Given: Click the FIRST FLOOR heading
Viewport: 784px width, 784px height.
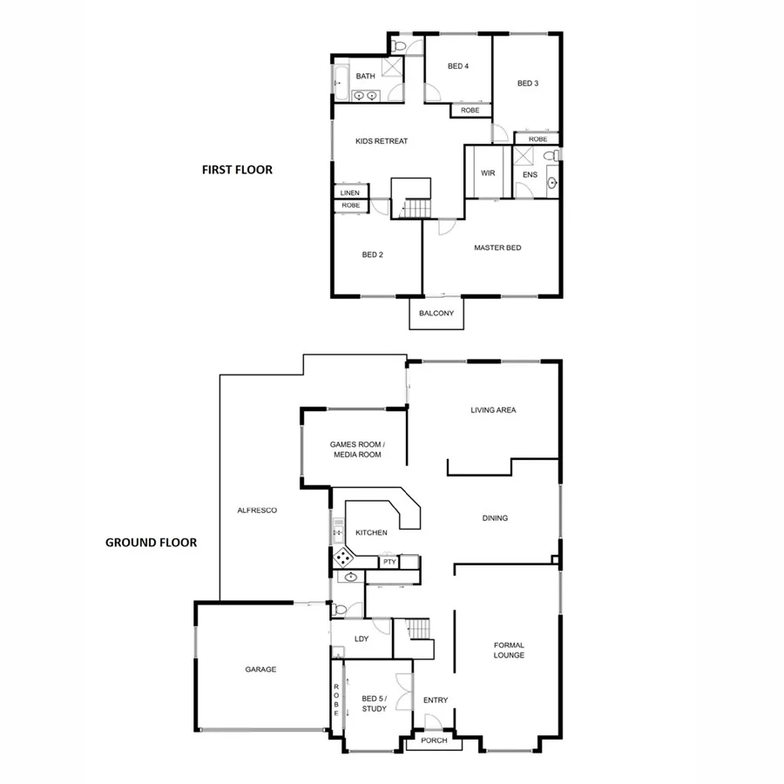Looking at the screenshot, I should [x=237, y=170].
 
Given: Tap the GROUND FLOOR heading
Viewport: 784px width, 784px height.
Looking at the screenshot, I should [x=151, y=542].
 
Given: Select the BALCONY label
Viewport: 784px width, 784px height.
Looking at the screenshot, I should [x=436, y=314].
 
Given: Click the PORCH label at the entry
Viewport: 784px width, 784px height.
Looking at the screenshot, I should [x=434, y=740].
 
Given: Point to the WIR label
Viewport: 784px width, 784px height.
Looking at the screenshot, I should [x=488, y=172].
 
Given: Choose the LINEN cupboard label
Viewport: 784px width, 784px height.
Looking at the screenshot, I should [x=350, y=193].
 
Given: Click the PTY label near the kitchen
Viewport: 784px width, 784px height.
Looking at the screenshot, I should [x=389, y=562].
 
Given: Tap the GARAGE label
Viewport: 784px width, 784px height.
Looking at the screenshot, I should [x=260, y=670].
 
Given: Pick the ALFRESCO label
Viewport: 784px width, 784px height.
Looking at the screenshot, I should [x=258, y=510].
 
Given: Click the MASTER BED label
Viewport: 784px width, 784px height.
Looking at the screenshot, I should [x=497, y=248].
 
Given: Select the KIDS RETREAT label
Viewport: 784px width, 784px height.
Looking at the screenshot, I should [x=382, y=141].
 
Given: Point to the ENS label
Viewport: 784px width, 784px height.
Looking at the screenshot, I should [x=530, y=175].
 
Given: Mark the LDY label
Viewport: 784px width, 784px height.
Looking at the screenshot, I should [x=362, y=639].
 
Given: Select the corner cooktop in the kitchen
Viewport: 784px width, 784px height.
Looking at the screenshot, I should [x=343, y=557].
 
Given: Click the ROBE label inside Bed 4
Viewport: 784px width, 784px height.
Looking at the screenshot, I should [x=470, y=111].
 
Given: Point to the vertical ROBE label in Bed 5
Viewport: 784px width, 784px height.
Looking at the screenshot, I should [x=336, y=700].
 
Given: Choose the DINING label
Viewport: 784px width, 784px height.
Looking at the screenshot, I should [x=495, y=518].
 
